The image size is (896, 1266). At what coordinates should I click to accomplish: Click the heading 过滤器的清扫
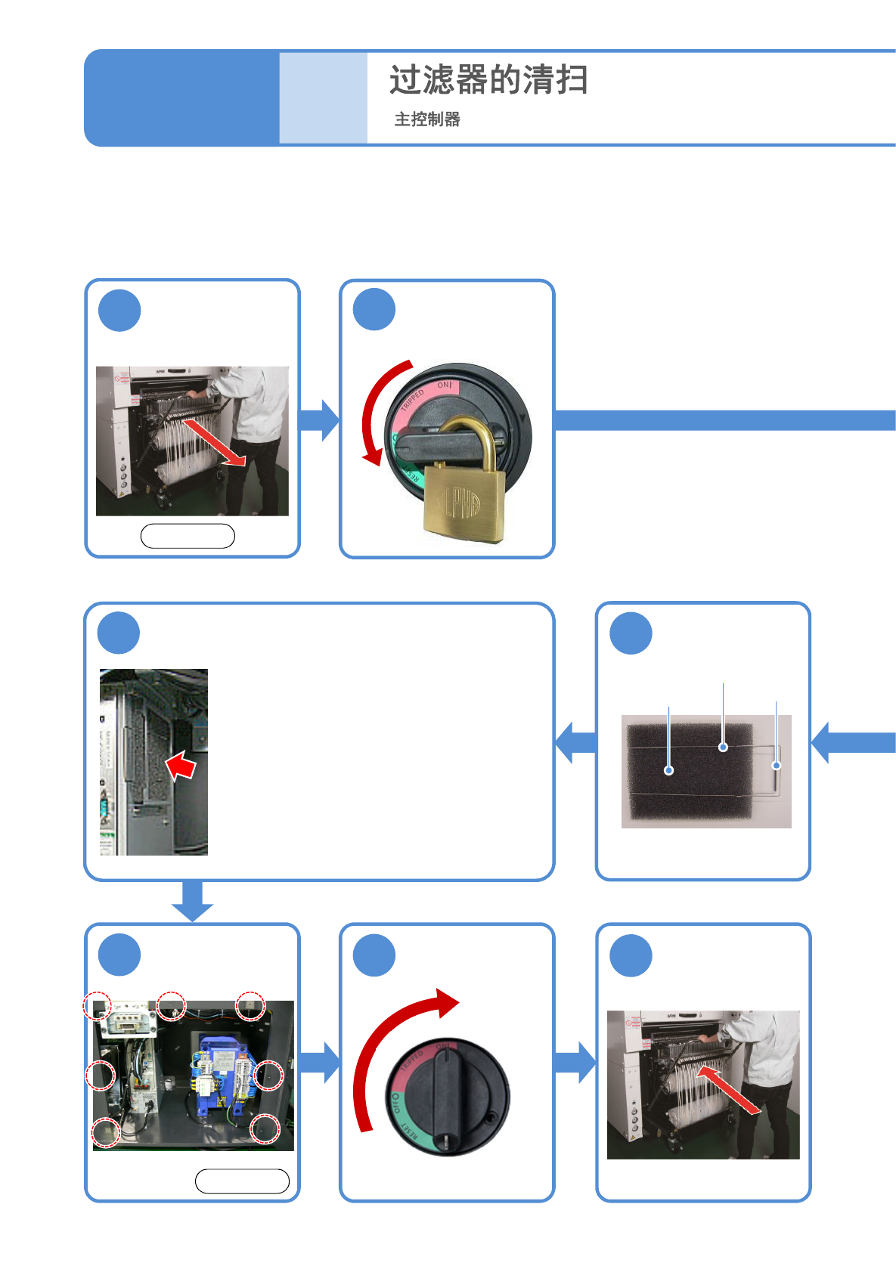[x=488, y=80]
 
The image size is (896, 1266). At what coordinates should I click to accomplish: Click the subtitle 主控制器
[x=427, y=119]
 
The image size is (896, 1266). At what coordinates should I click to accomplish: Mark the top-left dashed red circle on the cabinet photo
[x=98, y=1007]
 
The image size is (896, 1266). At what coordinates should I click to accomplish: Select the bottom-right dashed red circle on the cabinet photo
[x=265, y=1128]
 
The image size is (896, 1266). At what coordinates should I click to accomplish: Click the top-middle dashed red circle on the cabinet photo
[x=172, y=1005]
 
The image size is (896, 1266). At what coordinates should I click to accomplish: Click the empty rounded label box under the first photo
[x=188, y=536]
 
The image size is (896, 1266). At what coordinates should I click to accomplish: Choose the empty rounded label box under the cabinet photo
[x=242, y=1181]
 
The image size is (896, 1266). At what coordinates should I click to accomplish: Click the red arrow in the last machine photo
[x=727, y=1089]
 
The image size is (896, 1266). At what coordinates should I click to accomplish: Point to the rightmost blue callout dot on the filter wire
[x=776, y=766]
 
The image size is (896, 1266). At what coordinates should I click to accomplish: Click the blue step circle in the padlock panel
[x=374, y=310]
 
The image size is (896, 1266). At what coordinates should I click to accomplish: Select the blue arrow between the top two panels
[x=320, y=419]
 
